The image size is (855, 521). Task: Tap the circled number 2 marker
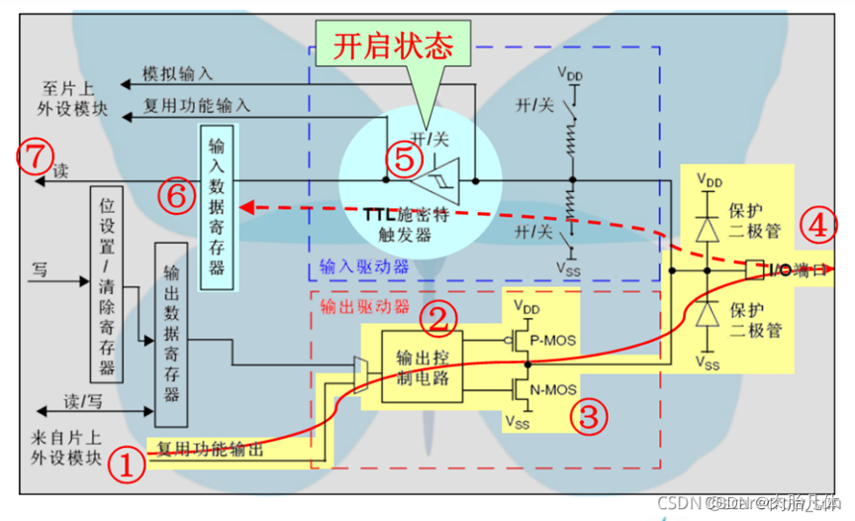pos(439,317)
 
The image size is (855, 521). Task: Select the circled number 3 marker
pos(589,416)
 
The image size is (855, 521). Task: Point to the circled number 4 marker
pos(817,226)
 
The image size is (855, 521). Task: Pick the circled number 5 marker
pos(400,158)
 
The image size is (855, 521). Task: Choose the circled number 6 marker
pos(175,196)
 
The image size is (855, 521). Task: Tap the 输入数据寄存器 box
pos(218,206)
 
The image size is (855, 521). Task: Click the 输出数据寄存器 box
pos(171,333)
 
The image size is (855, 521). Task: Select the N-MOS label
pos(554,390)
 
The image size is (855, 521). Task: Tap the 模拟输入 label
pos(177,74)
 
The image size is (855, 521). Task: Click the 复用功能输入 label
pos(197,103)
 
